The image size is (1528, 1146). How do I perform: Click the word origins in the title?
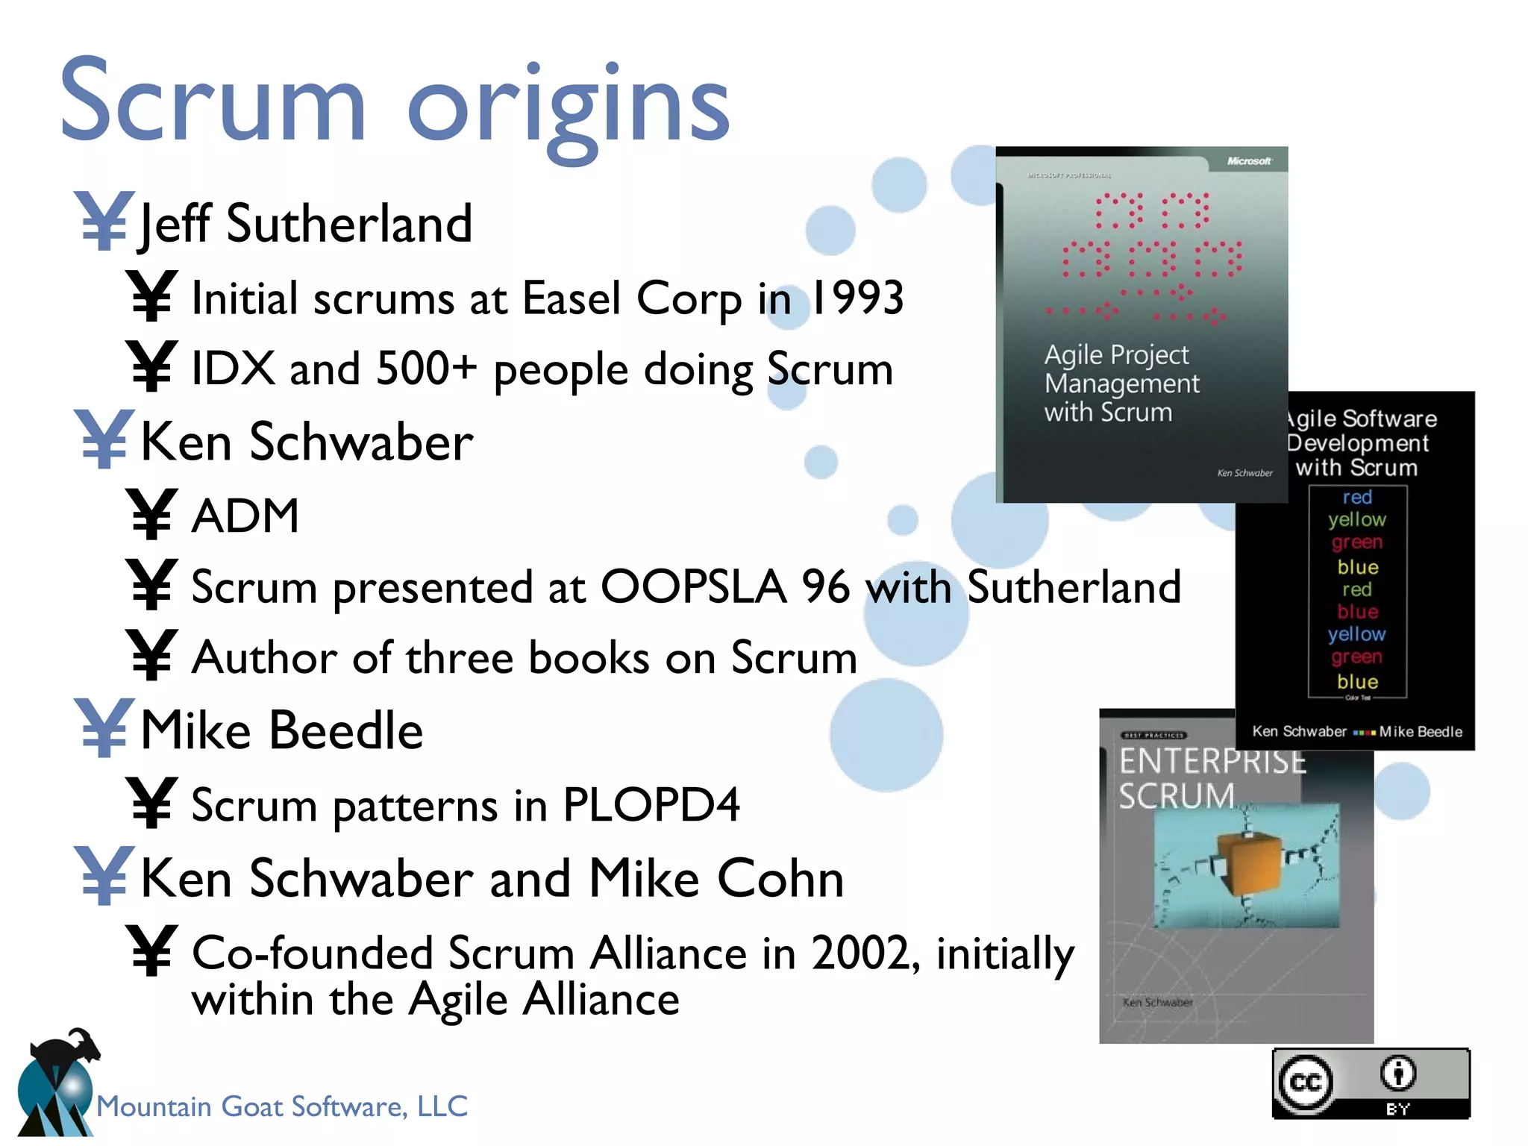coord(567,104)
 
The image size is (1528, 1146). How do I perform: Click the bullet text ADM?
coord(245,516)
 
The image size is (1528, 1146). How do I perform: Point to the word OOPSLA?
coord(693,586)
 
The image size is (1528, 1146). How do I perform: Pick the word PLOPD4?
coord(651,805)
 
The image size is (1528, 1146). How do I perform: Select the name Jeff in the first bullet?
coord(176,224)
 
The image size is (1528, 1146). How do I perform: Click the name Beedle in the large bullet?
coord(346,730)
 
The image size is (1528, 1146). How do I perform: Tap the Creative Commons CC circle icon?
coord(1305,1083)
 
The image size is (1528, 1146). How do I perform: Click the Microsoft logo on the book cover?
coord(1248,161)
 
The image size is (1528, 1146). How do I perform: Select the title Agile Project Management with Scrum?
coord(1121,383)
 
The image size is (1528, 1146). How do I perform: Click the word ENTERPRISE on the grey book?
coord(1212,761)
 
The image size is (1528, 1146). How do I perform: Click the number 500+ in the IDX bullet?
coord(426,369)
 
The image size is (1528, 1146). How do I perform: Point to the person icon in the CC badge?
coord(1397,1074)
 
